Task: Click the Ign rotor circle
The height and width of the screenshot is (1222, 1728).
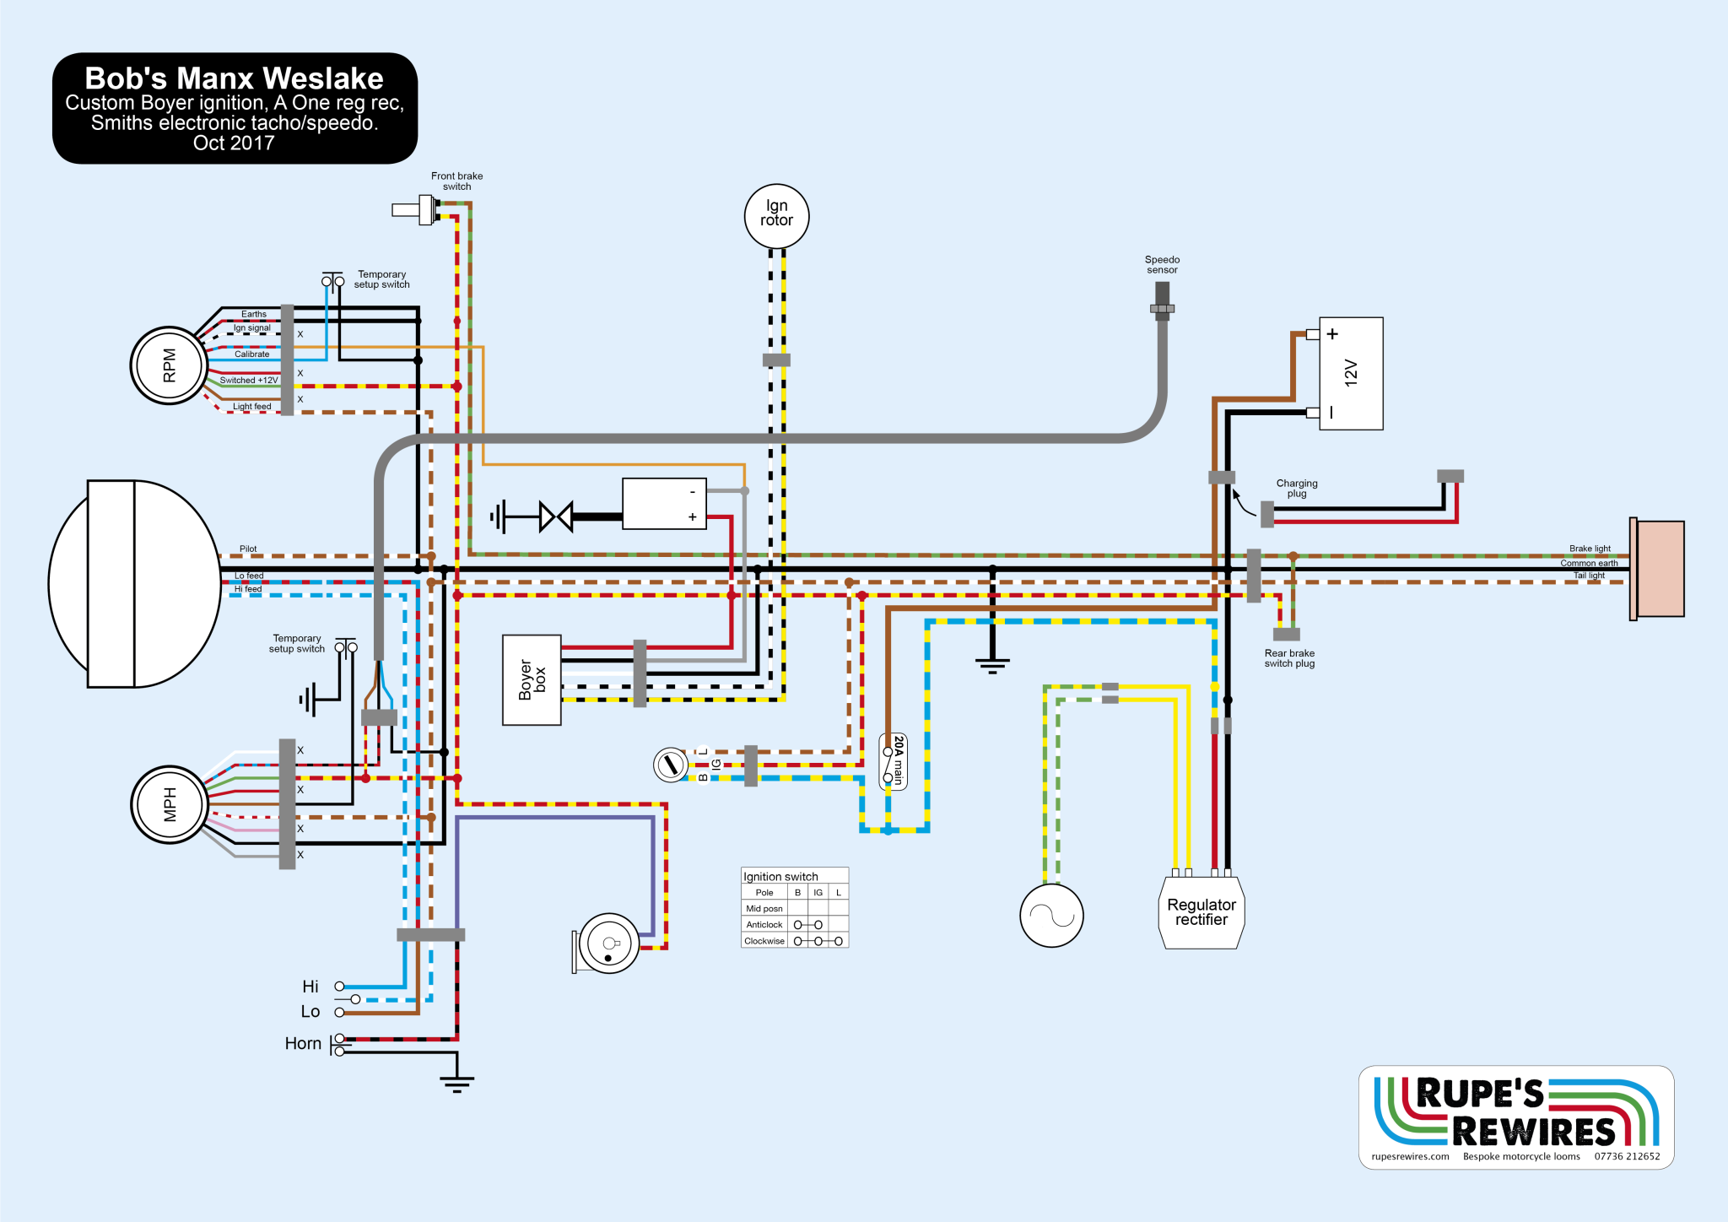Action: [776, 216]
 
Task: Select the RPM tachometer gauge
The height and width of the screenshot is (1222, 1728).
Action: [169, 365]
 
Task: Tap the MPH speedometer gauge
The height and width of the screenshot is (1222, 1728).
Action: [169, 804]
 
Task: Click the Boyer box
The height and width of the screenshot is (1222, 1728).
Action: [532, 680]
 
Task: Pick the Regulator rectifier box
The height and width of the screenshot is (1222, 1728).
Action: [1201, 912]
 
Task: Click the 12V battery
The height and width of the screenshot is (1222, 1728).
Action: [1351, 373]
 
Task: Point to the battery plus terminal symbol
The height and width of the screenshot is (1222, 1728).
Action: [1332, 334]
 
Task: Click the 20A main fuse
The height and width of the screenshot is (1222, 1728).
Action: [894, 761]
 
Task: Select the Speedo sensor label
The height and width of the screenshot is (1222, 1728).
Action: [1162, 265]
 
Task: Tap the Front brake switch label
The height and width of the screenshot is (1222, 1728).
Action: [456, 181]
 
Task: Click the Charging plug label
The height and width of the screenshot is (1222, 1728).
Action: [1297, 489]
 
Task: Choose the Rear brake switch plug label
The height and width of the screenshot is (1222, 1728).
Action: [1289, 658]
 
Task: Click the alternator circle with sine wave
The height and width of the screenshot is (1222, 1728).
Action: [1051, 916]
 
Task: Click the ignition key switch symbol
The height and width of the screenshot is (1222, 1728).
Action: [671, 765]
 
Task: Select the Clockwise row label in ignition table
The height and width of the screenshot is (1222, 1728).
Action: [764, 941]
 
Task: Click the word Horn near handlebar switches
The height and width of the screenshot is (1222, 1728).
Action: [303, 1044]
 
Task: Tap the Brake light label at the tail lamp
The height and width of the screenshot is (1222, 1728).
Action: [1590, 549]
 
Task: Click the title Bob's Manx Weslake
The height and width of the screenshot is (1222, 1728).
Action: [234, 78]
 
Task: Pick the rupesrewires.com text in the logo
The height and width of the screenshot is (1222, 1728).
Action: [1410, 1157]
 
